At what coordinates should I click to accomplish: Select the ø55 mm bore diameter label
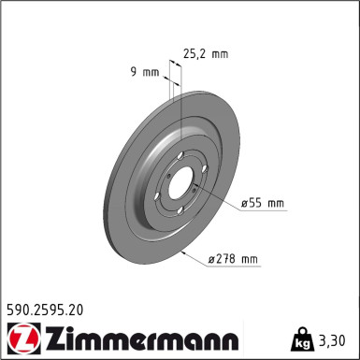click(263, 202)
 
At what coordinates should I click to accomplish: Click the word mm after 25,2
click(220, 53)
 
